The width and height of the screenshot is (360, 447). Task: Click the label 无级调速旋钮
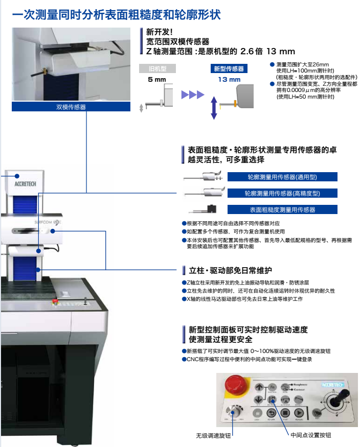tap(213, 435)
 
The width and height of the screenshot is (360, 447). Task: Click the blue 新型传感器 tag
tap(229, 68)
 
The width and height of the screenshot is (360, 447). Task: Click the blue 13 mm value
tap(229, 80)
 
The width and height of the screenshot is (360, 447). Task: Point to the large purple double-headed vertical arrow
tap(214, 108)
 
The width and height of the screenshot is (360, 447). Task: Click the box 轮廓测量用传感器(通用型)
tap(282, 177)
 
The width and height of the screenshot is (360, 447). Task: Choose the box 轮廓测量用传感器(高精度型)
tap(282, 193)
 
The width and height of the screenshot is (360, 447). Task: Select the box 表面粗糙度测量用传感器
tap(282, 209)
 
